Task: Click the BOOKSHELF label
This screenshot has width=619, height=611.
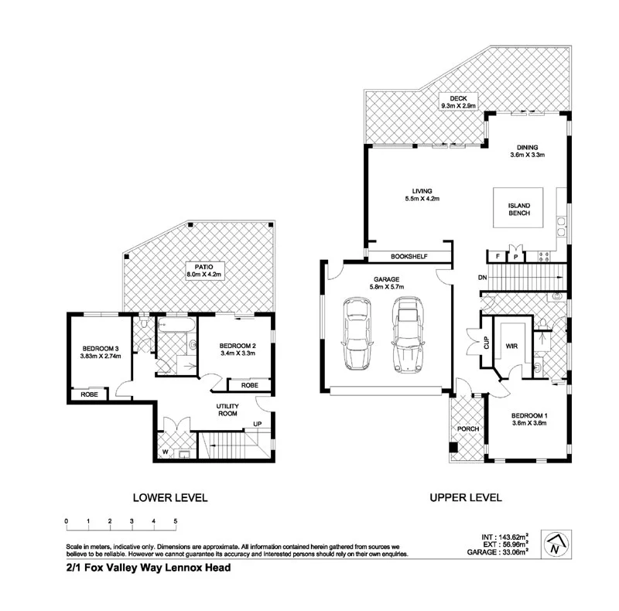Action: coord(409,257)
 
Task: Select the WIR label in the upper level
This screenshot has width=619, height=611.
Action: coord(511,347)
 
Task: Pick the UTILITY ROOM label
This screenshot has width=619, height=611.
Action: coord(227,410)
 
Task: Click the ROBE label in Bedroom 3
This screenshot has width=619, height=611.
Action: coord(88,394)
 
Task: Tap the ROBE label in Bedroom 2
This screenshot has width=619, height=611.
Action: coord(249,384)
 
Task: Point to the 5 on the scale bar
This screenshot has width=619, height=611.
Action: coord(176,521)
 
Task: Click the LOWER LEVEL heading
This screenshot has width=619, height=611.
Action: coord(170,498)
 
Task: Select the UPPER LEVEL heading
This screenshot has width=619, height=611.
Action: coord(466,498)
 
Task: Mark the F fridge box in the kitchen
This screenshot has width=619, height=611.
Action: coord(496,257)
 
